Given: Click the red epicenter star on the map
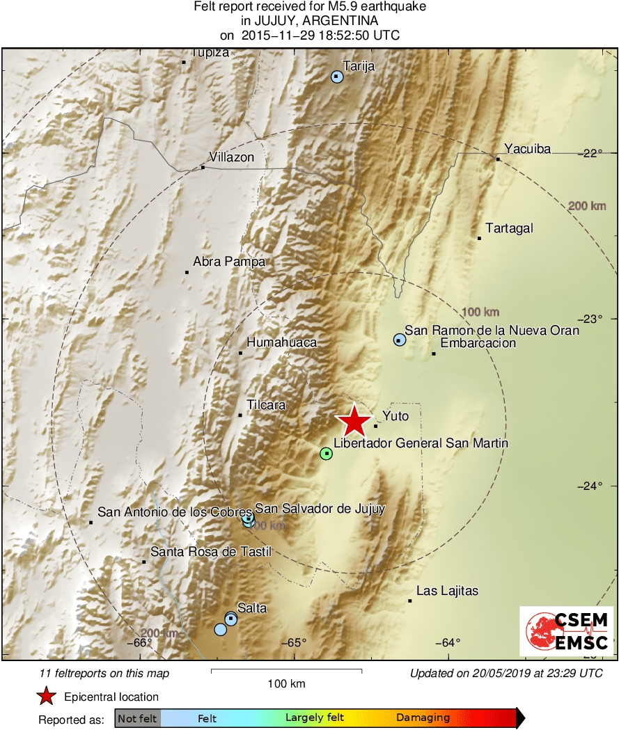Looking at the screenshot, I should click(354, 421).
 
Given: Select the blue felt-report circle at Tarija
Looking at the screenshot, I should click(337, 77).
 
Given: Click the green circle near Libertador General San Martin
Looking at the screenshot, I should click(326, 454).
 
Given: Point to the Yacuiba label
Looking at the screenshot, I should click(527, 148).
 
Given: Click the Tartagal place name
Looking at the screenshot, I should click(509, 228).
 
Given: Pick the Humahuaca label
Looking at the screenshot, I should click(281, 342).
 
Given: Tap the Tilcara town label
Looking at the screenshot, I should click(266, 405).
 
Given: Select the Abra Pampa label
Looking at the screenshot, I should click(219, 262).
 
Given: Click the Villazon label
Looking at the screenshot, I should click(232, 158).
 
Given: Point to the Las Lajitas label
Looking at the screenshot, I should click(447, 591).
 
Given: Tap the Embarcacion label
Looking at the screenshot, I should click(478, 342).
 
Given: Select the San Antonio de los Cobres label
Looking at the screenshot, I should click(174, 512).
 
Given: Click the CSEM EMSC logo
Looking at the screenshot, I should click(567, 630).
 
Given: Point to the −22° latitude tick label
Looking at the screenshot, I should click(591, 152).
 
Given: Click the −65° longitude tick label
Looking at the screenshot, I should click(294, 642).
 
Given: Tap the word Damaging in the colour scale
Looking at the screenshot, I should click(423, 718).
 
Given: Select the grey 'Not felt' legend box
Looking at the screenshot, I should click(137, 718).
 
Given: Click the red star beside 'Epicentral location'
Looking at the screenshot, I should click(46, 697).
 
